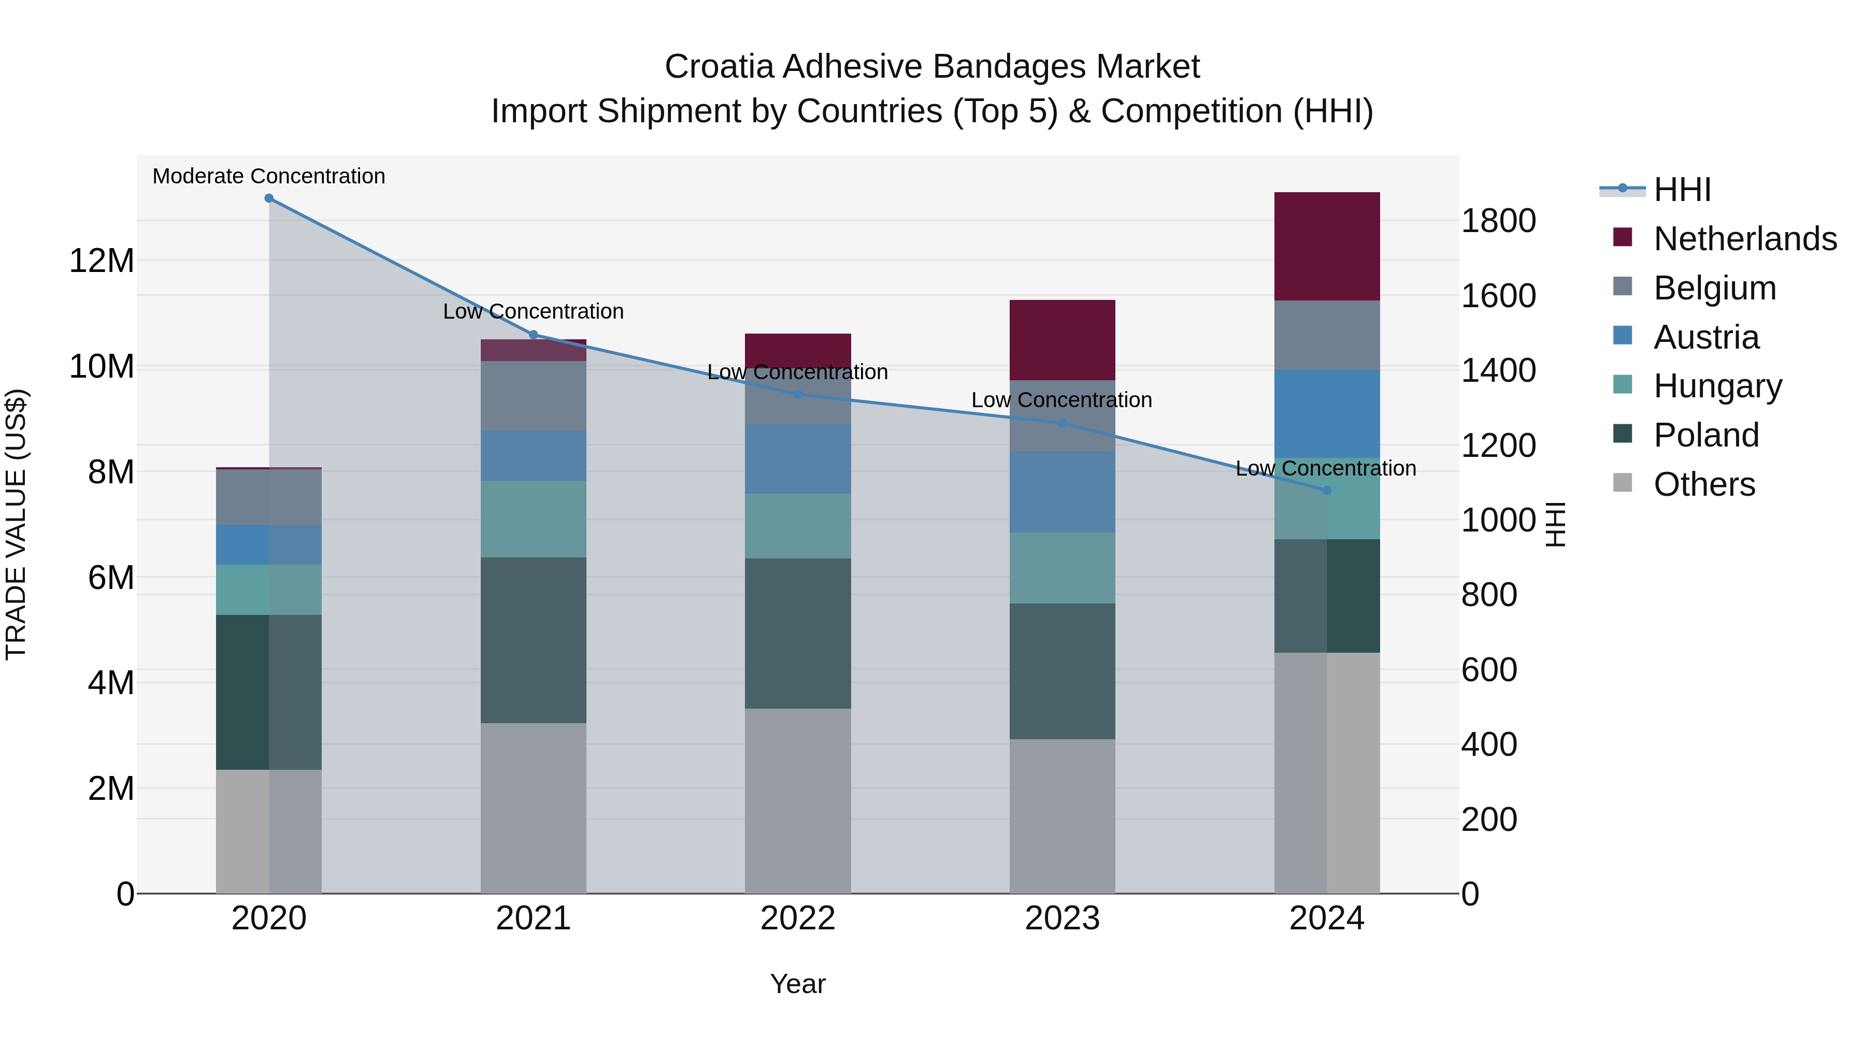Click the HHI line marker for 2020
268,198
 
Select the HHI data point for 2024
1326,490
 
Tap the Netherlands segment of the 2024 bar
1326,246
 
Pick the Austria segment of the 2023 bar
1062,492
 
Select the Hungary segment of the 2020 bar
268,590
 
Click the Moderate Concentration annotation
268,176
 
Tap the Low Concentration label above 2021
533,311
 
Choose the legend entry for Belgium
1714,288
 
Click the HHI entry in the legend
1681,190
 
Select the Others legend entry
1703,484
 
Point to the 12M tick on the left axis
102,261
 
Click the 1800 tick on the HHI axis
1498,221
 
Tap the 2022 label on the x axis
798,918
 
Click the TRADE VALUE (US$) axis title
16,524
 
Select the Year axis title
798,984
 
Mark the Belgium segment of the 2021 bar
533,395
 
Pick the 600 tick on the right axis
1488,670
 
